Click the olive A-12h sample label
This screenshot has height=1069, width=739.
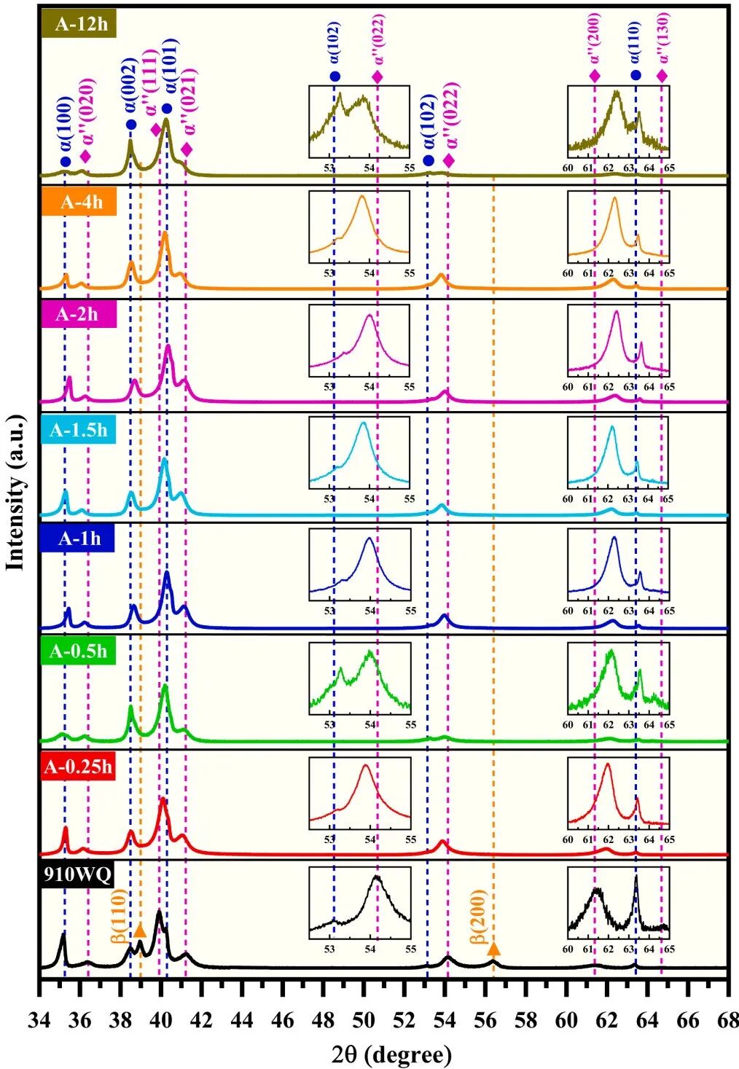(79, 23)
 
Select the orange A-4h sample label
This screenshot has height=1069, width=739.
(79, 202)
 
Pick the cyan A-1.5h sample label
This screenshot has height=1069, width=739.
(79, 430)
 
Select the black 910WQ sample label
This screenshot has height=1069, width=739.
(77, 875)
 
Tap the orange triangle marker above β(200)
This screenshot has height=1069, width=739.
(493, 948)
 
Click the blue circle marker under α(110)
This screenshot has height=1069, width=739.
(636, 76)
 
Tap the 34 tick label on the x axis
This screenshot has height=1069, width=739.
(39, 1021)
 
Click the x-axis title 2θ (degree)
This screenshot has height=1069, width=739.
(391, 1054)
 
